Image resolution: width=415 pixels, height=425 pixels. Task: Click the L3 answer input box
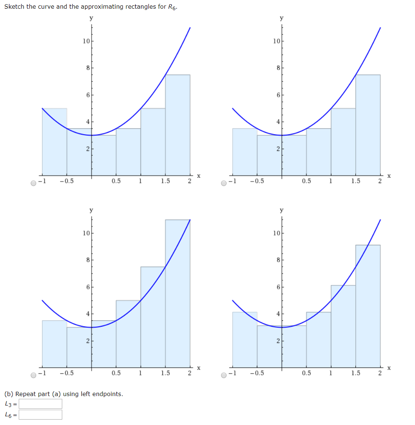tap(40, 404)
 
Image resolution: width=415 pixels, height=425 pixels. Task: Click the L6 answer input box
tap(40, 415)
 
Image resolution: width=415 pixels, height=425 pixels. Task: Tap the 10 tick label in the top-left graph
tap(85, 41)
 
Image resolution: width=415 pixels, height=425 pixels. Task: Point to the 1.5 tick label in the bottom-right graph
tap(356, 373)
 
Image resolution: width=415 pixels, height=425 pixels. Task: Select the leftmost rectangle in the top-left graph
tap(54, 141)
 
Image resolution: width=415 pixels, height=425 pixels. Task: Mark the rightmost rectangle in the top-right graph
tap(368, 125)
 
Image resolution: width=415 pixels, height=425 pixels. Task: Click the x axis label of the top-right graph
tap(389, 176)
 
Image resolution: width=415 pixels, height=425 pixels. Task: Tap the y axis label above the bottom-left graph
tap(91, 210)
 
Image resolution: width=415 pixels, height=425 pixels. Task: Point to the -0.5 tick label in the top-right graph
tap(256, 181)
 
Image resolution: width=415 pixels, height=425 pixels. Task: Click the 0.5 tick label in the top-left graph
tap(116, 181)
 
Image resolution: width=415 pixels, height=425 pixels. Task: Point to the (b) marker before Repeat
tap(9, 394)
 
